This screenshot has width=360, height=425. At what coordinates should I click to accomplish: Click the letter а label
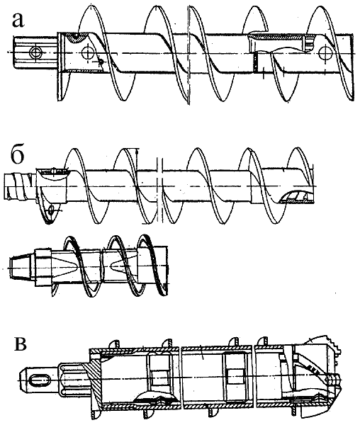18,21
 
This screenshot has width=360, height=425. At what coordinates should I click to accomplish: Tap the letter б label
17,156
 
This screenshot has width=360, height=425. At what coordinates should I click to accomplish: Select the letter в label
20,344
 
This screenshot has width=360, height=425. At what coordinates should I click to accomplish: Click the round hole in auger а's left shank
35,52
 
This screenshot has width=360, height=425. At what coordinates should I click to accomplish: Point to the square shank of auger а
35,52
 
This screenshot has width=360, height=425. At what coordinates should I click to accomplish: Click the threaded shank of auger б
20,187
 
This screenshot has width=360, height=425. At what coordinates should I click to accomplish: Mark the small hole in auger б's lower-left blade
51,209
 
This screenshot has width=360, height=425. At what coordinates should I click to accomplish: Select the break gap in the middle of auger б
160,190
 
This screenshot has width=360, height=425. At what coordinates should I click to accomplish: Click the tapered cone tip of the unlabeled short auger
22,267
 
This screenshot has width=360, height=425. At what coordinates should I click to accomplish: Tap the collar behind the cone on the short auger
43,267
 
